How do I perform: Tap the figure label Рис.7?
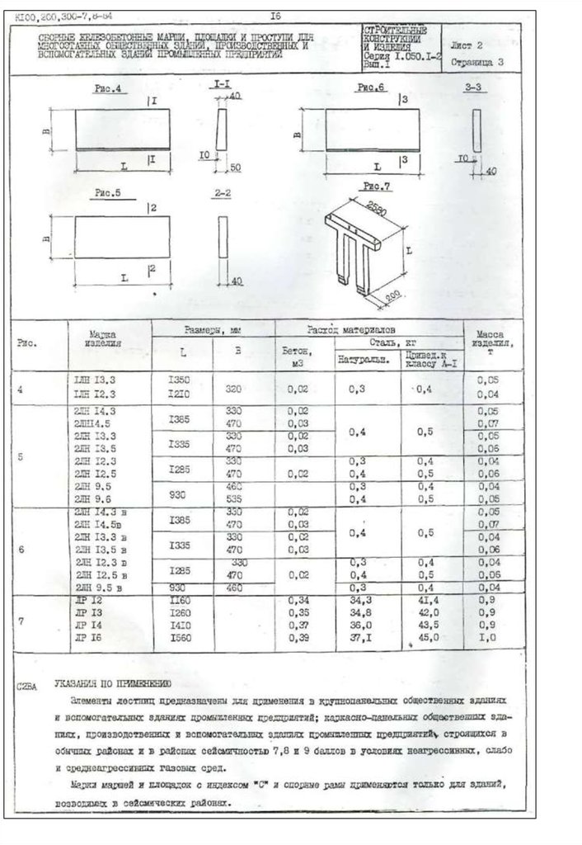point(376,187)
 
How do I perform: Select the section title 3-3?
point(473,87)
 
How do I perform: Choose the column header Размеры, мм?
point(212,329)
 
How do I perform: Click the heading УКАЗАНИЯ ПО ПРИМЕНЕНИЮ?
point(112,684)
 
